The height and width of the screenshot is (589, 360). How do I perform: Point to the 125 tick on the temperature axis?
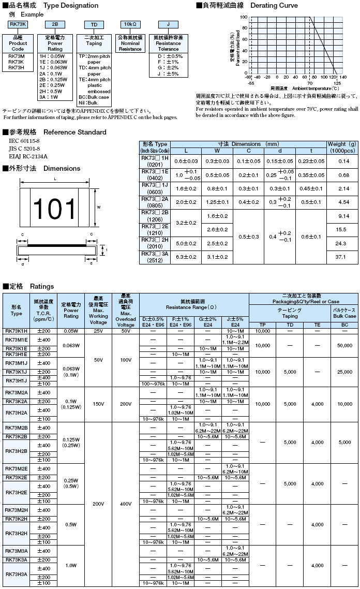pos(337,82)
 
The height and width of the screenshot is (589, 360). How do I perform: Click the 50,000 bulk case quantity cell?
pos(344,344)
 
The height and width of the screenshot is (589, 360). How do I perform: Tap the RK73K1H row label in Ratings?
pos(17,330)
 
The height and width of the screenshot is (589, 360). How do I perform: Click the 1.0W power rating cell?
pos(71,565)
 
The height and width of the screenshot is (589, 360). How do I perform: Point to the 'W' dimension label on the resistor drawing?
pos(98,207)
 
